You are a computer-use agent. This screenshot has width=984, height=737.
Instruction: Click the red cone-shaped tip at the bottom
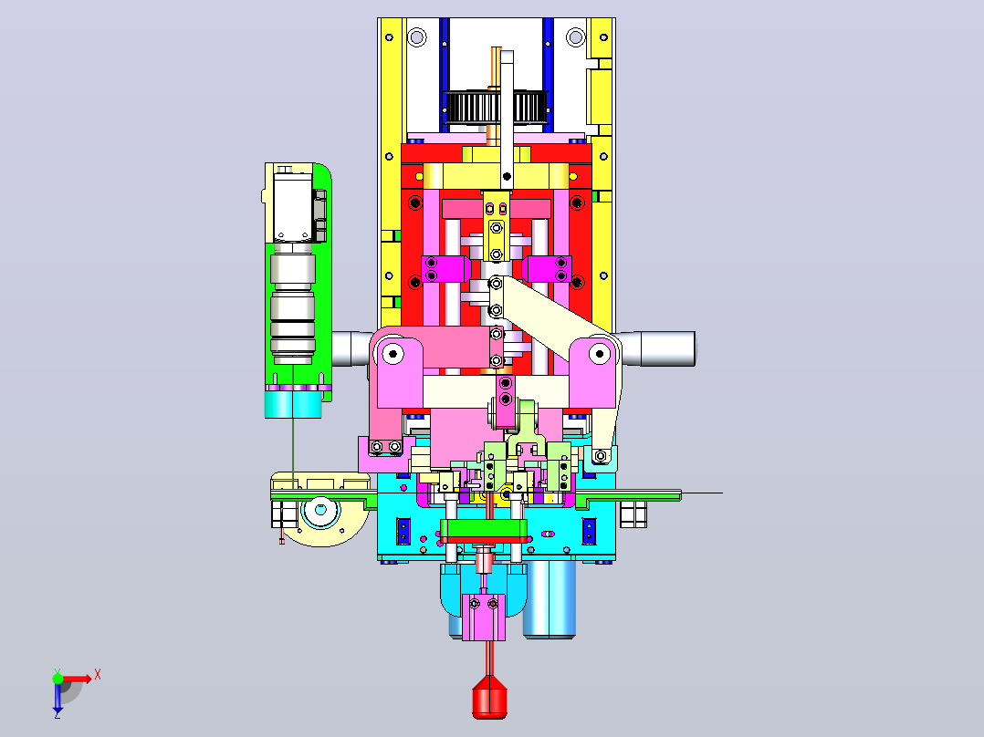pyautogui.click(x=489, y=696)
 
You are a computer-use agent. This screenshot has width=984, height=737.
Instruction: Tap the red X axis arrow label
pyautogui.click(x=98, y=675)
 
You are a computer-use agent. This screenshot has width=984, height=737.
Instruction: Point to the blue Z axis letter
pyautogui.click(x=58, y=714)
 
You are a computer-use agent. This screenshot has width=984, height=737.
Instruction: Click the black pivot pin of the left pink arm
pyautogui.click(x=393, y=354)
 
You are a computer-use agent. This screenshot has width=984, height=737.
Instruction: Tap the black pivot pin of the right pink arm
pyautogui.click(x=600, y=354)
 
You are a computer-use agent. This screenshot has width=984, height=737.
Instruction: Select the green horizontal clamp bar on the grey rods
pyautogui.click(x=483, y=531)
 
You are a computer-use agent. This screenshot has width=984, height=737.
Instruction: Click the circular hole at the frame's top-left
pyautogui.click(x=416, y=37)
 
